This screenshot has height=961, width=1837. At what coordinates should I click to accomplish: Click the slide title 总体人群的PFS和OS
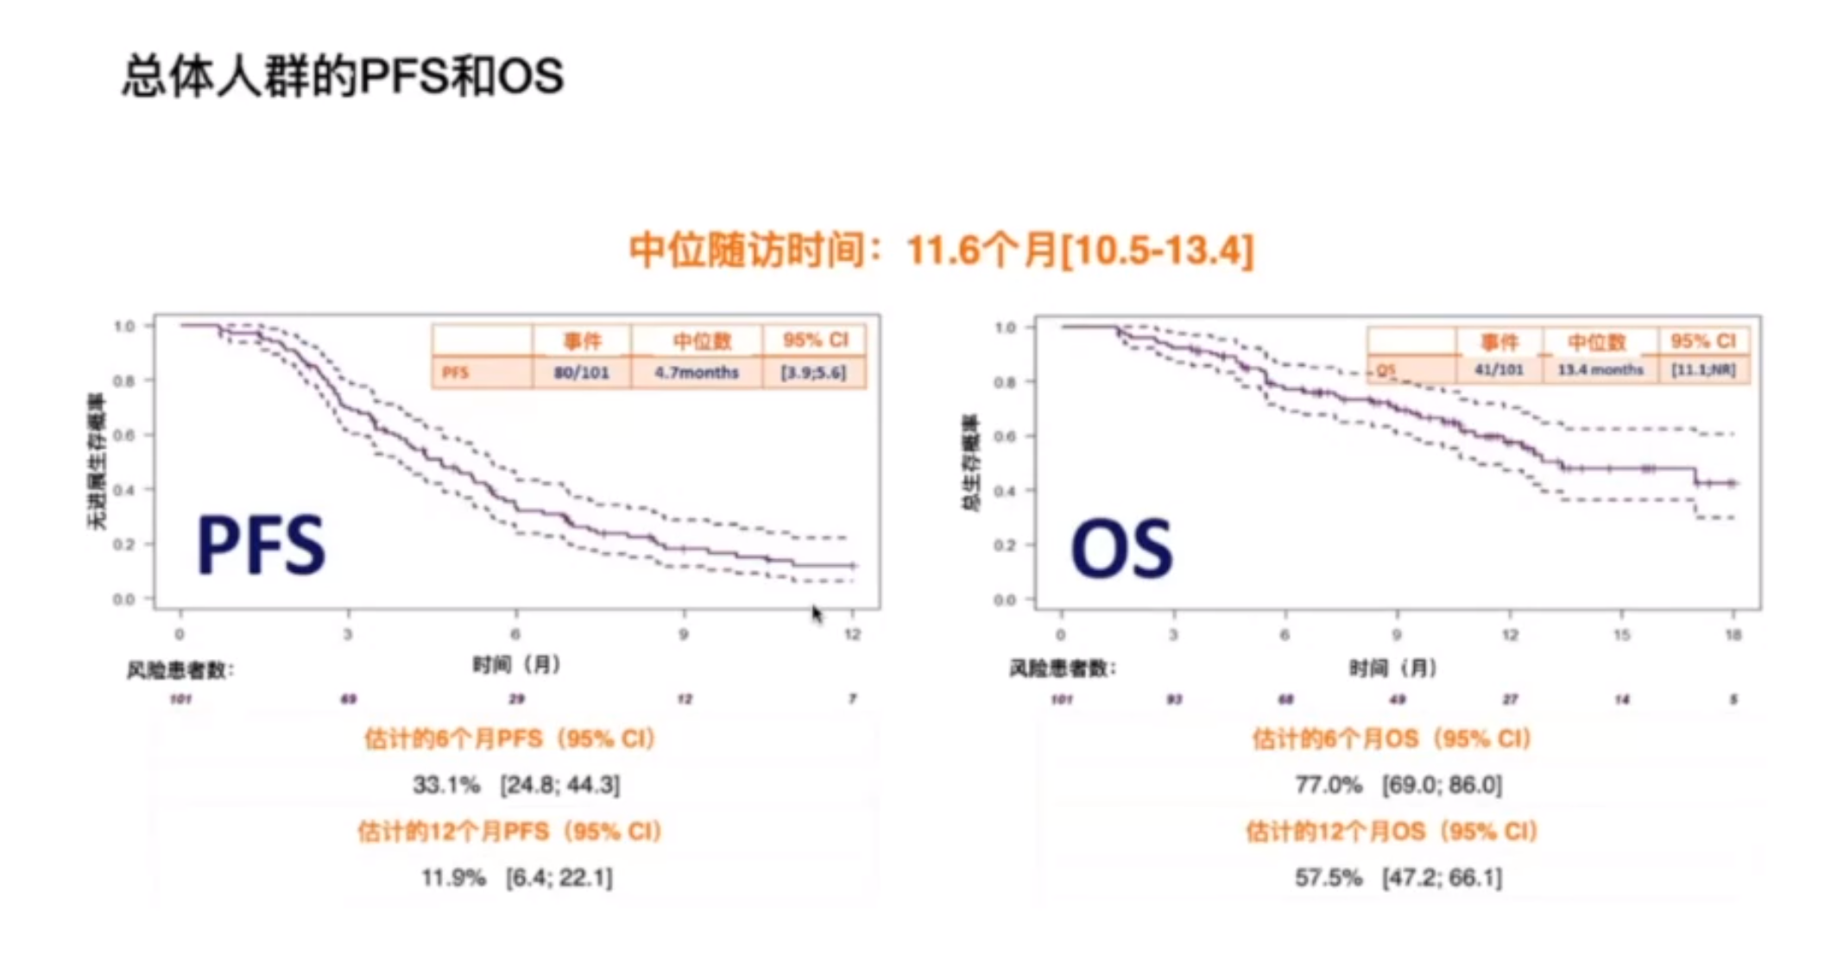(343, 76)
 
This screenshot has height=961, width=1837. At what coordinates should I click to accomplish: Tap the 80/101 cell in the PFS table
(581, 373)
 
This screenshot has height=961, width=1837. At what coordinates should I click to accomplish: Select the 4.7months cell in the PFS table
(696, 373)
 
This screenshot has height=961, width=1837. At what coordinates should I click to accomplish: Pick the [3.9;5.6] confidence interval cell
(813, 373)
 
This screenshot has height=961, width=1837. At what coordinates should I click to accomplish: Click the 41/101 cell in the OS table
(1499, 370)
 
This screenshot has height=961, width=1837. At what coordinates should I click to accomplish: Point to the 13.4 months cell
(1600, 370)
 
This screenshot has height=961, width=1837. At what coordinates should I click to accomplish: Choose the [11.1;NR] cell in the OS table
(1703, 370)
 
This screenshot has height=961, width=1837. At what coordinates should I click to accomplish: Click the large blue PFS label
(262, 545)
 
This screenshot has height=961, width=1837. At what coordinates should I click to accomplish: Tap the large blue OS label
(1121, 550)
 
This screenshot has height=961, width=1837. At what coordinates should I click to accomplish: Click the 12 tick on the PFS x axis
(852, 635)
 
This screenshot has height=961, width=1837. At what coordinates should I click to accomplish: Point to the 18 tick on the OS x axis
(1733, 636)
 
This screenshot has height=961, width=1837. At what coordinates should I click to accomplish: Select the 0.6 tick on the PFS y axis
(123, 436)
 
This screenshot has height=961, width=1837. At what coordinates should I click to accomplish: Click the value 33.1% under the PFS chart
(446, 785)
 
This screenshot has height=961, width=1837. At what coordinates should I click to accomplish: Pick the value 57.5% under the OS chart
(1328, 878)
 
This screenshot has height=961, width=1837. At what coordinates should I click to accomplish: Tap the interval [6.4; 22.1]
(559, 878)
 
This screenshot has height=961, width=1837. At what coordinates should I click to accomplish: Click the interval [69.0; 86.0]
(1442, 785)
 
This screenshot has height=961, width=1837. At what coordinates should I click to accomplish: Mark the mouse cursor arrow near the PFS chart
(817, 613)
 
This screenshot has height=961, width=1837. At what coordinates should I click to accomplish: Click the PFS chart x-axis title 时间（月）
(516, 665)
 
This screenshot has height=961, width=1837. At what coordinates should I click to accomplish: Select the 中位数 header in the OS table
(1597, 342)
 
